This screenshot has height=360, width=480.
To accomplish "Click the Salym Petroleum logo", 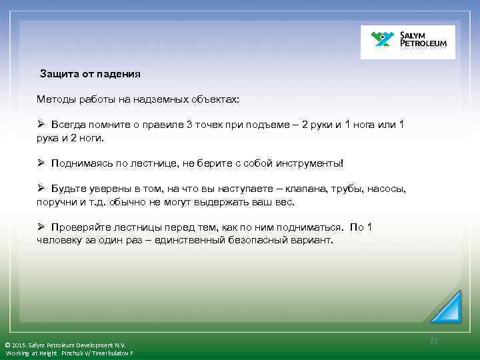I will point(407,42).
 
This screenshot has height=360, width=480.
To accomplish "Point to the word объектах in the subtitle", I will point(210,99).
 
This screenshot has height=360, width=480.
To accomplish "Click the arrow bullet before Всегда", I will point(41,125).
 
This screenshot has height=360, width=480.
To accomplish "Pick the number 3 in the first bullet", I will point(189,125).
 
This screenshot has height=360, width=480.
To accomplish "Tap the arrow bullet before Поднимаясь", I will point(41,163).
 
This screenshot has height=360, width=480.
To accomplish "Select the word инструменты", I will point(309,163).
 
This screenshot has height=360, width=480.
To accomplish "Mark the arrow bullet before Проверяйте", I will point(41,227).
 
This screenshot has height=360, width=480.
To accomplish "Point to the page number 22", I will point(434,341).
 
